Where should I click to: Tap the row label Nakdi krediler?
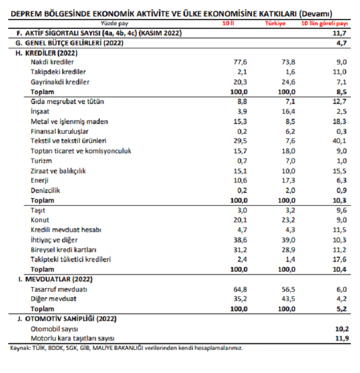coord(53,62)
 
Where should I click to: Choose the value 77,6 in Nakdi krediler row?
coord(240,62)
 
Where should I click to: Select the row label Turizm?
coord(42,161)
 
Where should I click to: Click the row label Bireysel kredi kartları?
coord(64,250)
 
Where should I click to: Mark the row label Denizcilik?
coord(46,190)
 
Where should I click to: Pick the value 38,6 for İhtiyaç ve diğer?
coord(240,240)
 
